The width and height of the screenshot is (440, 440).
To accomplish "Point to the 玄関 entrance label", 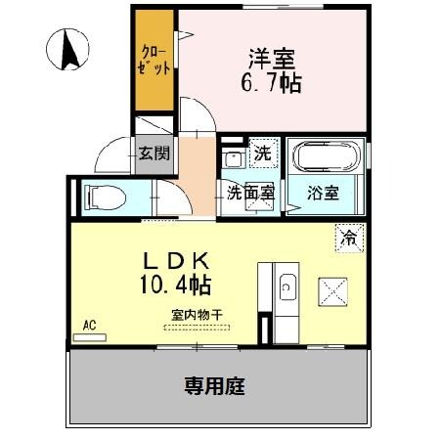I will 154,153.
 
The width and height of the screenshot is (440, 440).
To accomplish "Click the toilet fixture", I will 103,198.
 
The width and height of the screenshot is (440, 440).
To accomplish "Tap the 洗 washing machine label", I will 261,154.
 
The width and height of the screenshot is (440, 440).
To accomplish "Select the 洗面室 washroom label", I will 251,193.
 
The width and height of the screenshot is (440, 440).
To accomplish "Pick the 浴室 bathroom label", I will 325,193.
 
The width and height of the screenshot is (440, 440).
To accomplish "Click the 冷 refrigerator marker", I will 348,236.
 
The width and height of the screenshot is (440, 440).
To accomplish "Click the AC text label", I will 88,325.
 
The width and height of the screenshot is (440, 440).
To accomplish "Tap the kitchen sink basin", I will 286,287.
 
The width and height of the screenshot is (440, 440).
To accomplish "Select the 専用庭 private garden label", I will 214,386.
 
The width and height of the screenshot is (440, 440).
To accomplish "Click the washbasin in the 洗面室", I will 233,160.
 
